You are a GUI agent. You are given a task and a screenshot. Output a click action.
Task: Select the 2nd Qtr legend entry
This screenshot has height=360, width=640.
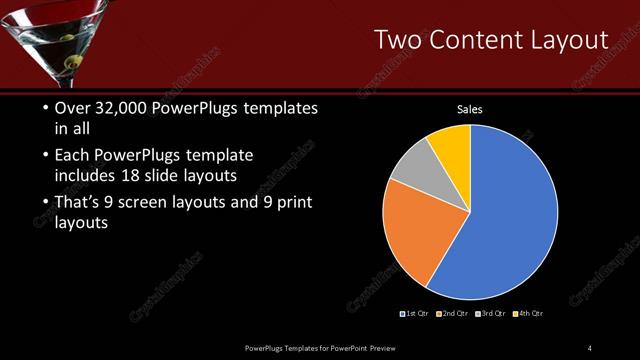click(453, 314)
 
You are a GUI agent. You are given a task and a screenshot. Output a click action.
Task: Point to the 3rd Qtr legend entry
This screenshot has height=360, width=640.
click(491, 314)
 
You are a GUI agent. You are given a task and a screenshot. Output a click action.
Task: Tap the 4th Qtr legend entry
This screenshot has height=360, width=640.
click(527, 314)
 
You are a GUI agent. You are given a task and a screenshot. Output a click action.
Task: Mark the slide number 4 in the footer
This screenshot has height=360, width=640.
click(589, 347)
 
